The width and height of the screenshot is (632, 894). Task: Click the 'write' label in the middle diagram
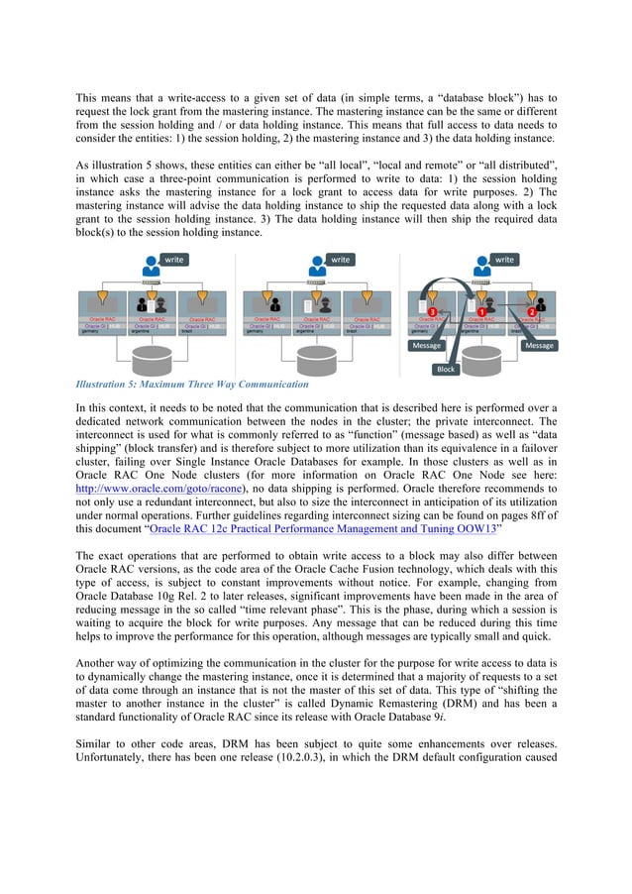(x=340, y=260)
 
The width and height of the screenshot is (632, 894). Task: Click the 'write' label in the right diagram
(x=504, y=260)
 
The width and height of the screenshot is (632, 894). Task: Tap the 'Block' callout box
(x=446, y=369)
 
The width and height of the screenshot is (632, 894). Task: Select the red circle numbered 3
(x=432, y=312)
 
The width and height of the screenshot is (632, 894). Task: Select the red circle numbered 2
(x=531, y=312)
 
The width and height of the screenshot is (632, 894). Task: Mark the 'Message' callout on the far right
(x=539, y=346)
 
